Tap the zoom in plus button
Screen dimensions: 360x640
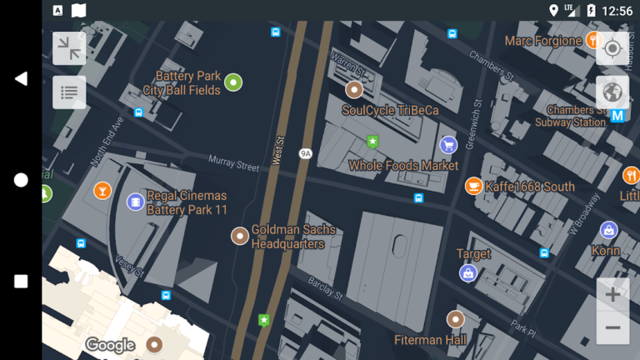612,294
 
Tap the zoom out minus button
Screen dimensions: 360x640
612,327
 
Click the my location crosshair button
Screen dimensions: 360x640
612,48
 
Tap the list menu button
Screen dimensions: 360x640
69,92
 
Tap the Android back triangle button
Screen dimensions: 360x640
21,78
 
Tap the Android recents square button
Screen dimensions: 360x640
21,282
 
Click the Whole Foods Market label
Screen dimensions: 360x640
403,166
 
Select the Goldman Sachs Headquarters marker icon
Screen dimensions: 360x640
239,236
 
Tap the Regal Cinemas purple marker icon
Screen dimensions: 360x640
135,202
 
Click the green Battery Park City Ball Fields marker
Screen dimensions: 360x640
233,82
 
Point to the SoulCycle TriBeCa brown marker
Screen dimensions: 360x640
354,90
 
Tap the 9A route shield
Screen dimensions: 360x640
306,153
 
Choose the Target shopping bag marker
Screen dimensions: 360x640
468,272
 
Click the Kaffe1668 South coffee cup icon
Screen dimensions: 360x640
472,186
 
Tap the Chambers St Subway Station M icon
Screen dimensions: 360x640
617,116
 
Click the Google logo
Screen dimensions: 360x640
110,345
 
